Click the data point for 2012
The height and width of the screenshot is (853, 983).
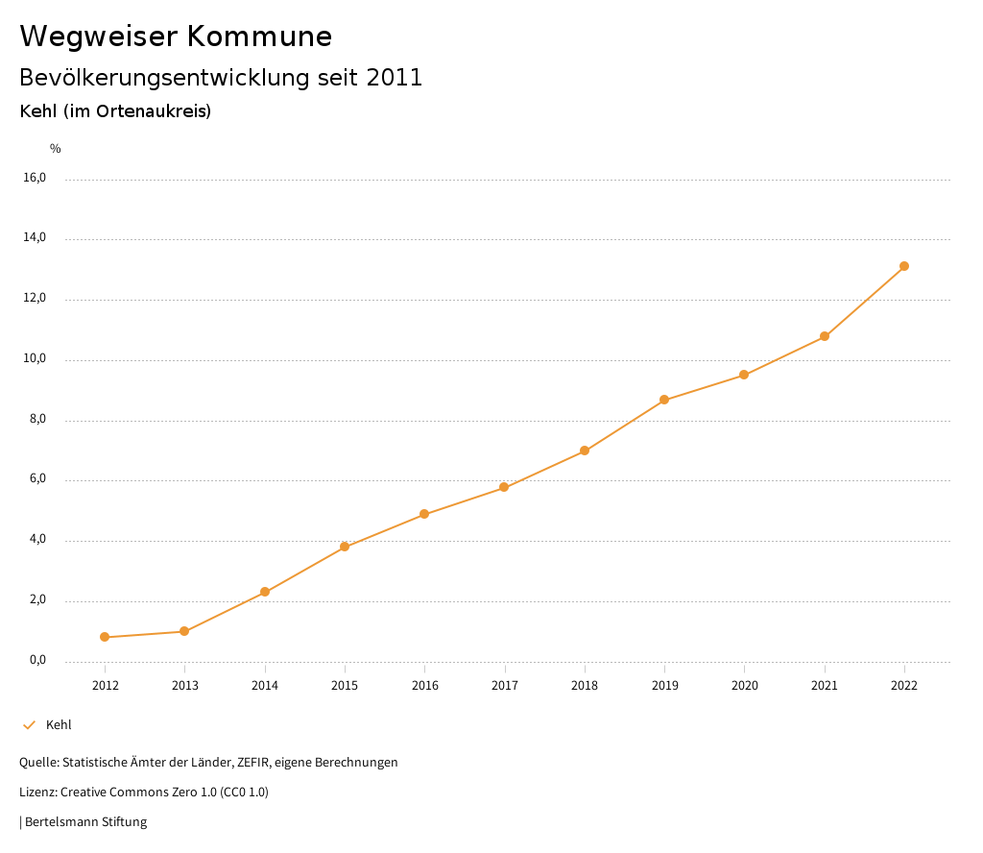[x=105, y=637]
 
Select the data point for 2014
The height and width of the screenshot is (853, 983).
[x=265, y=592]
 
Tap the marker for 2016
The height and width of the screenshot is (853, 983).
[x=424, y=514]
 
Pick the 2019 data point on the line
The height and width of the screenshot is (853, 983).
[x=664, y=400]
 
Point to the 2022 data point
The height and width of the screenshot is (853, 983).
[x=904, y=266]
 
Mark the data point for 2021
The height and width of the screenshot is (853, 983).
[x=825, y=336]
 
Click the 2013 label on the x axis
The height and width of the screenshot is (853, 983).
[x=185, y=685]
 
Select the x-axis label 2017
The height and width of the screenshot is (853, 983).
[x=505, y=685]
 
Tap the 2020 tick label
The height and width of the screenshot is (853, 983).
[x=745, y=685]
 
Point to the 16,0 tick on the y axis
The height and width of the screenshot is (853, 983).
[x=35, y=178]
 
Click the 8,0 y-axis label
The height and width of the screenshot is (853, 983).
[x=36, y=420]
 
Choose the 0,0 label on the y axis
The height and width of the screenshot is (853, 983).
[x=36, y=661]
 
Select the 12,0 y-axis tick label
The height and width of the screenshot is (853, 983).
[x=35, y=299]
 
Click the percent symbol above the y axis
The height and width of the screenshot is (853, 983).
[x=56, y=149]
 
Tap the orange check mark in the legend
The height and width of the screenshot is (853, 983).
[x=29, y=725]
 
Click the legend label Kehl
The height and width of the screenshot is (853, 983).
[x=59, y=725]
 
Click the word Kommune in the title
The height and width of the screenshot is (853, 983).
[x=259, y=37]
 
